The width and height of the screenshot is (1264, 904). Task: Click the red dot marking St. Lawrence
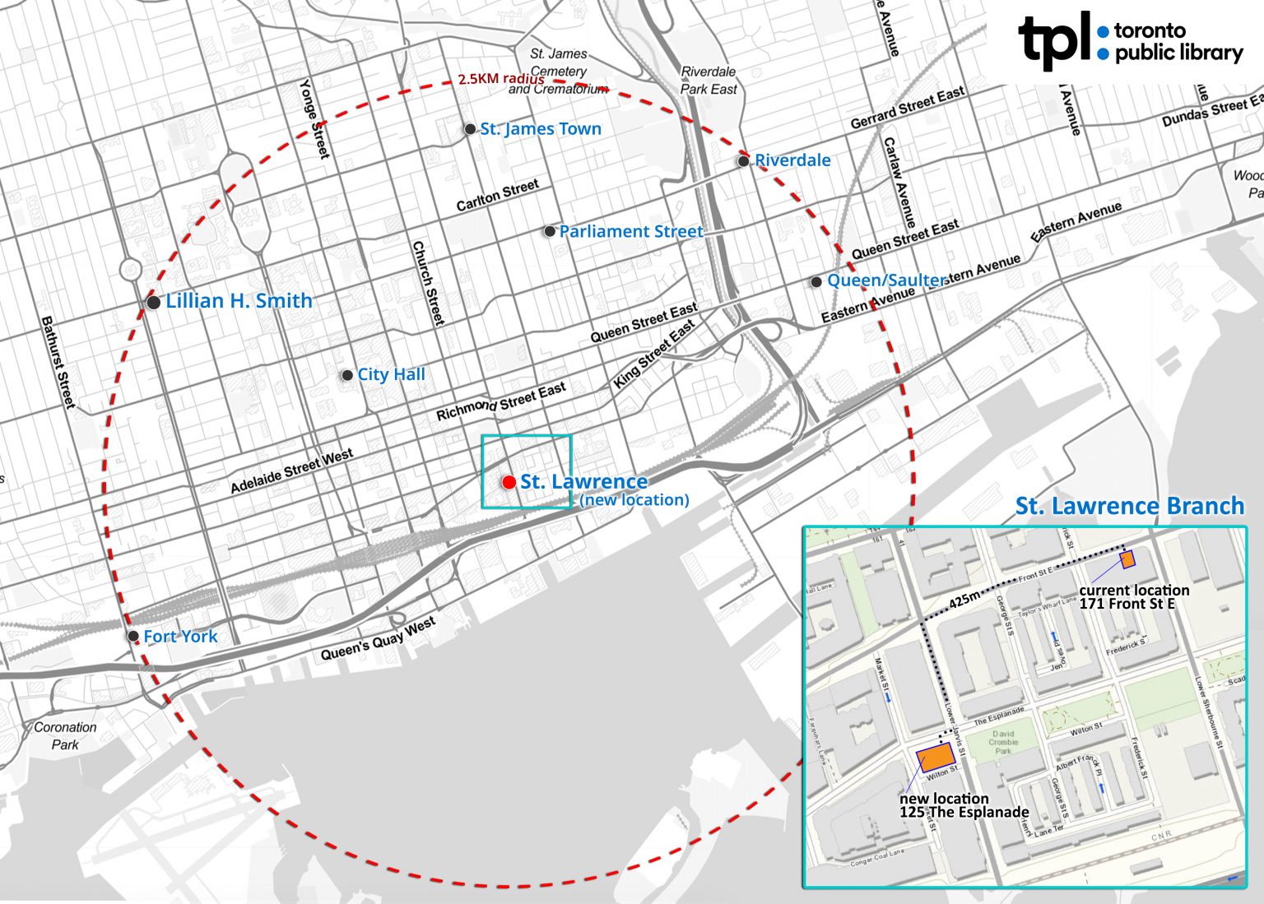pos(509,482)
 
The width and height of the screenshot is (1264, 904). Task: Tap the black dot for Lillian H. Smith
pos(153,303)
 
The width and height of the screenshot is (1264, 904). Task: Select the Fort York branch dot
pos(133,636)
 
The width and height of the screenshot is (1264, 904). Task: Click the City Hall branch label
pos(391,374)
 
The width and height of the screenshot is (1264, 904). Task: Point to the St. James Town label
pos(541,129)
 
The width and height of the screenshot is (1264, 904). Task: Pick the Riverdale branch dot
pos(743,161)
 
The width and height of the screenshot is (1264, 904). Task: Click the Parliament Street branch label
pos(631,232)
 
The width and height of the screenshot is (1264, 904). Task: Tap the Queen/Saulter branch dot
pos(816,281)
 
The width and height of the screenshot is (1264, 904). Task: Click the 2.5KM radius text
pos(500,80)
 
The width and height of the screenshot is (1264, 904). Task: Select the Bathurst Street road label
pos(58,362)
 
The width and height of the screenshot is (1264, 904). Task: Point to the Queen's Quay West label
pos(379,639)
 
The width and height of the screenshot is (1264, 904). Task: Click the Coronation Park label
pos(65,736)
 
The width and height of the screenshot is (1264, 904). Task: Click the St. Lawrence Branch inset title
pos(1129,507)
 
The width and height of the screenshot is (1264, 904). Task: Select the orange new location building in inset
pos(936,756)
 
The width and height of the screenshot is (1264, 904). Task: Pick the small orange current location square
pos(1127,560)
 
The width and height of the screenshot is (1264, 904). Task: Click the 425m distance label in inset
pos(964,600)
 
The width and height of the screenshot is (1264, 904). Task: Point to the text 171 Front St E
pos(1127,605)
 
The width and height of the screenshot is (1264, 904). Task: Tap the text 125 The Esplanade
pos(964,813)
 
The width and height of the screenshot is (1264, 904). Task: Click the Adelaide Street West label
pos(292,471)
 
